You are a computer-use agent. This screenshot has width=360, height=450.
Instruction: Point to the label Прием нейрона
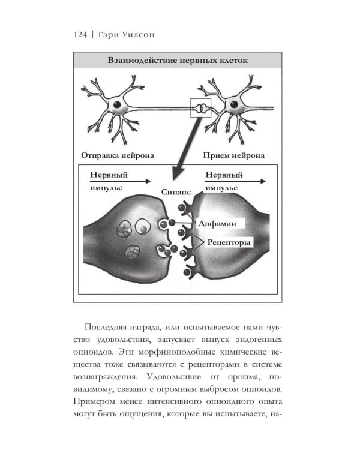coord(233,155)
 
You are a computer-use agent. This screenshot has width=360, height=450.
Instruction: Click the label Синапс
coord(177,193)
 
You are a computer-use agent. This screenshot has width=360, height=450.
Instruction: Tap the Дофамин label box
coord(221,223)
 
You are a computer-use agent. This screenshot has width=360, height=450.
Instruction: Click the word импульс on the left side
coord(106,187)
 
